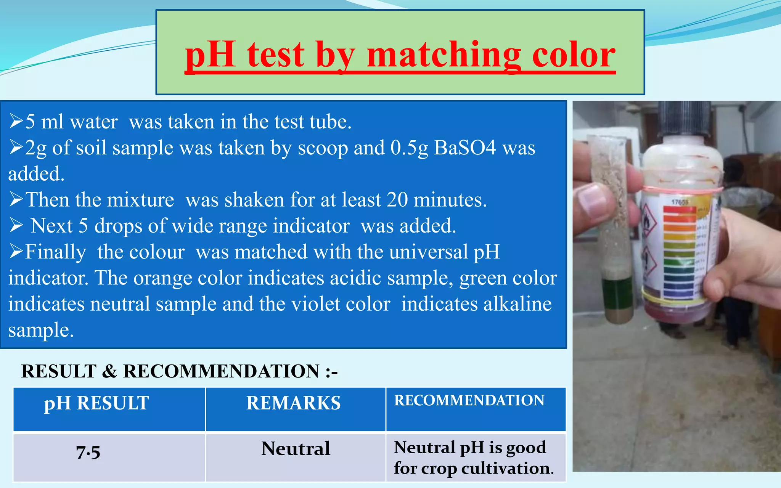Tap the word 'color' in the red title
click(574, 55)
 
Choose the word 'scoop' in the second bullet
click(323, 148)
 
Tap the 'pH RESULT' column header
click(96, 403)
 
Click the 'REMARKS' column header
click(293, 403)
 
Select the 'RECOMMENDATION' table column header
click(469, 401)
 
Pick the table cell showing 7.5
click(88, 453)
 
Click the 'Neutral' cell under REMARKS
click(296, 449)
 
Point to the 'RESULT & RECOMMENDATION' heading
click(179, 371)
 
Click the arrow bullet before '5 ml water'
click(16, 122)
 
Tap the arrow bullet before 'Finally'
click(16, 252)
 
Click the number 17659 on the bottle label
click(680, 202)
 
